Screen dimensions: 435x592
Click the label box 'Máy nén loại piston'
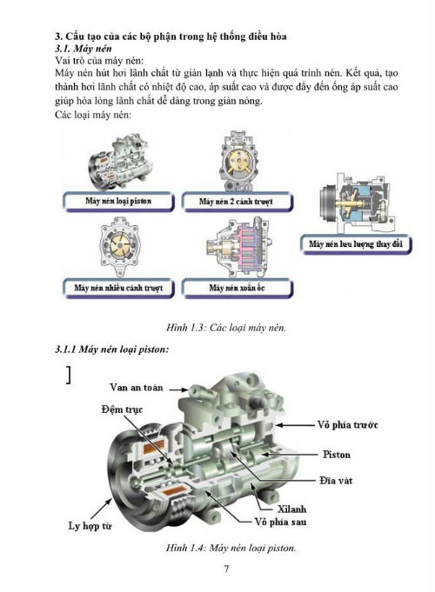tap(118, 202)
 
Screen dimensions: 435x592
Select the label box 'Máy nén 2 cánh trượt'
tap(237, 202)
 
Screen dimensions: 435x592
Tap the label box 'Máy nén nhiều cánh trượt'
tap(118, 288)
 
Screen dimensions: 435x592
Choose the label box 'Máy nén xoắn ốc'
tap(237, 288)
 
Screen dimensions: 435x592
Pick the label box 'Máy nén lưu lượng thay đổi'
tap(356, 244)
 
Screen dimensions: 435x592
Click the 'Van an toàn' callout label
tap(137, 388)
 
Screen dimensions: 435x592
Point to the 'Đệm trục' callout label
tap(122, 409)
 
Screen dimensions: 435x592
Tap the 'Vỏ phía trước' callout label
tap(347, 425)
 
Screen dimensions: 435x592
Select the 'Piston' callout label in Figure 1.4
tap(337, 454)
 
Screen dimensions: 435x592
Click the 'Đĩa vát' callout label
tap(336, 481)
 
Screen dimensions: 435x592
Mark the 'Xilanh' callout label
tap(291, 509)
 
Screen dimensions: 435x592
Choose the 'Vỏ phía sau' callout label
tap(280, 522)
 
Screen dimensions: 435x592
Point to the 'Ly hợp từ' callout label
tap(90, 526)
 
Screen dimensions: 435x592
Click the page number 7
tap(226, 569)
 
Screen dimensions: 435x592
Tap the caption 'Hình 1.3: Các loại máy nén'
tap(226, 328)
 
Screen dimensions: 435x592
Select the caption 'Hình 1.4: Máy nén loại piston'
tap(231, 548)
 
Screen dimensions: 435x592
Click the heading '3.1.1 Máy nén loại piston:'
tap(112, 349)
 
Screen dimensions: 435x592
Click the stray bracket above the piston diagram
tap(69, 375)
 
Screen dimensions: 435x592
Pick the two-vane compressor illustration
tap(238, 161)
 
